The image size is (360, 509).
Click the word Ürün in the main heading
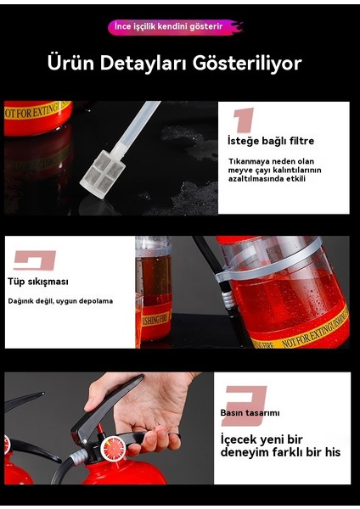70,64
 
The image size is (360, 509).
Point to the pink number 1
244,119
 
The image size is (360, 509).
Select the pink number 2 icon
34,260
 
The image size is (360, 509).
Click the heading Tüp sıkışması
38,282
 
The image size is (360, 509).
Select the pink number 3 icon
244,399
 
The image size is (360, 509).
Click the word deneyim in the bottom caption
250,453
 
